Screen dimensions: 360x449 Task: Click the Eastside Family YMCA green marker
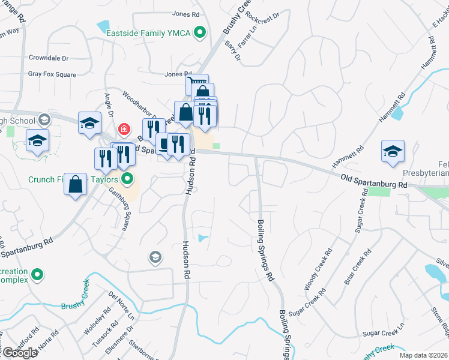click(x=200, y=34)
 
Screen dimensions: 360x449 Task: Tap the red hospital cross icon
click(x=124, y=128)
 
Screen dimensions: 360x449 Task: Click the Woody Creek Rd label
click(x=318, y=269)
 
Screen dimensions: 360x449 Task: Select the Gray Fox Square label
click(x=52, y=74)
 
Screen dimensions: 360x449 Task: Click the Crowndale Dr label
click(x=49, y=58)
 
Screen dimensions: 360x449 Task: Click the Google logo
click(x=20, y=353)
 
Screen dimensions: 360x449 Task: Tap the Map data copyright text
click(x=423, y=355)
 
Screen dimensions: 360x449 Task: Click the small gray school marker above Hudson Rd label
click(x=155, y=257)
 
